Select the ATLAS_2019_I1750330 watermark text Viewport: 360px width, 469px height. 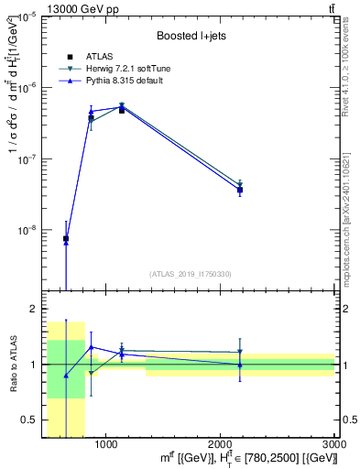point(190,274)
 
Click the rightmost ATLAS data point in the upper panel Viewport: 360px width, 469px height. point(240,190)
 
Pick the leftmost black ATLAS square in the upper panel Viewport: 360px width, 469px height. point(66,239)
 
